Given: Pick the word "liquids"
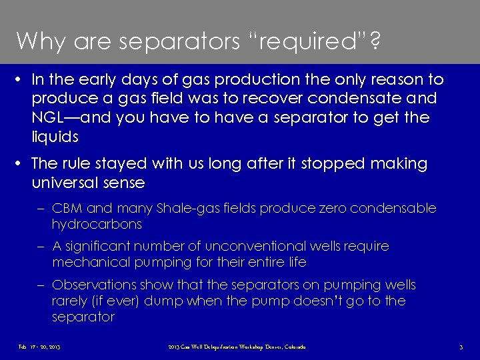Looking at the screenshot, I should pos(55,137).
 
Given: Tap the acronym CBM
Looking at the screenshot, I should pos(68,209).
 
